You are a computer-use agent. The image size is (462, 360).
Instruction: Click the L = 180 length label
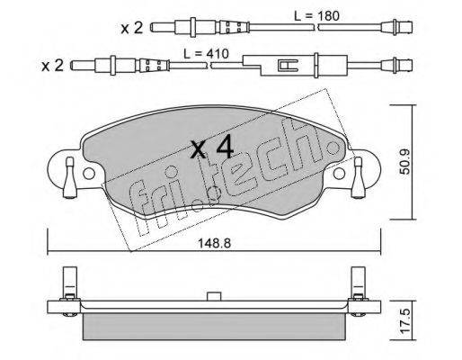316,15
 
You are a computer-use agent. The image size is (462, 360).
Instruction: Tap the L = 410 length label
206,54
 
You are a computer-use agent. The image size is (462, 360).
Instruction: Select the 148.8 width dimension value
214,243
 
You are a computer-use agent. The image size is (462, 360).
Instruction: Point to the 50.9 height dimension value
405,162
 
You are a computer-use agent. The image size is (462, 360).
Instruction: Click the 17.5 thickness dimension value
405,321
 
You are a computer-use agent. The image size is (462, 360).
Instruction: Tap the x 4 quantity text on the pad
212,147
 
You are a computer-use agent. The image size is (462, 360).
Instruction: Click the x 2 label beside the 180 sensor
132,28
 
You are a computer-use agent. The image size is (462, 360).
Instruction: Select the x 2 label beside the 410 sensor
53,66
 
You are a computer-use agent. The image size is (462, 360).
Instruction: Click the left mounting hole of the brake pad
89,174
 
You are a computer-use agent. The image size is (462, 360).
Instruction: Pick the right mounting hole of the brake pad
339,174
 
